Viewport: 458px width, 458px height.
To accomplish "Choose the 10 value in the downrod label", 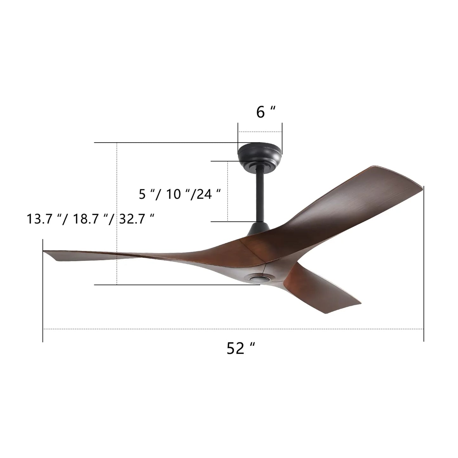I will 173,194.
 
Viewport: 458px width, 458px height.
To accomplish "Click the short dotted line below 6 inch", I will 260,132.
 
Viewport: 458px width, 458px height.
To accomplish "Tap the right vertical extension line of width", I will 424,263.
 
